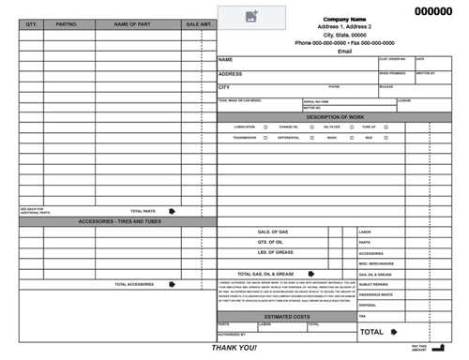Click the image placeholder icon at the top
pyautogui.click(x=251, y=16)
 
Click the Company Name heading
pyautogui.click(x=344, y=19)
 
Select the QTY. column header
pyautogui.click(x=31, y=22)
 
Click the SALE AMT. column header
pyautogui.click(x=199, y=22)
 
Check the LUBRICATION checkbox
pyautogui.click(x=265, y=127)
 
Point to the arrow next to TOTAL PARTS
pyautogui.click(x=172, y=212)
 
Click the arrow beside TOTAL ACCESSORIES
pyautogui.click(x=172, y=284)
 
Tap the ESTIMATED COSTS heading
pyautogui.click(x=287, y=316)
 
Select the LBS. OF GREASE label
pyautogui.click(x=279, y=252)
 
